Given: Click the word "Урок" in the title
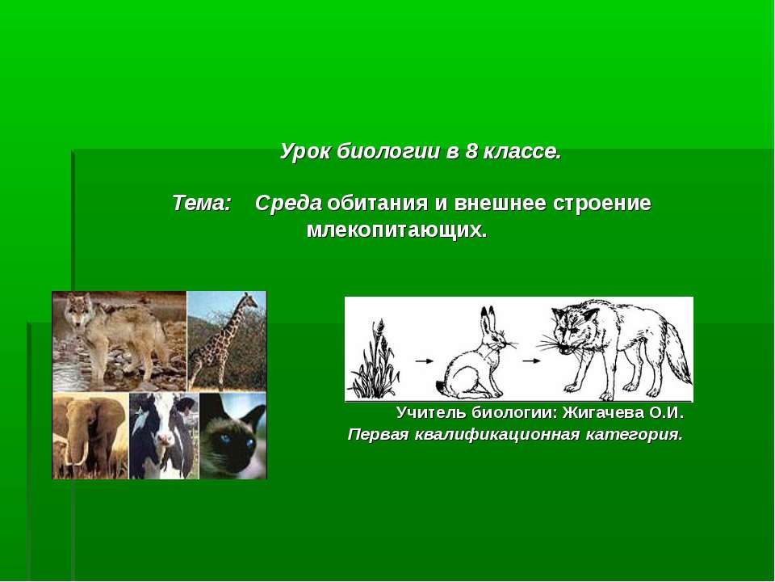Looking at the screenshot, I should click(305, 152).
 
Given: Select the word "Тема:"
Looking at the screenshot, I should click(202, 204).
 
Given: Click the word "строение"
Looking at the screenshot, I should click(601, 204).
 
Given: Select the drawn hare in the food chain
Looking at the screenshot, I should click(475, 356).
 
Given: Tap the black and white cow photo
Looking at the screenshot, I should click(163, 436).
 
